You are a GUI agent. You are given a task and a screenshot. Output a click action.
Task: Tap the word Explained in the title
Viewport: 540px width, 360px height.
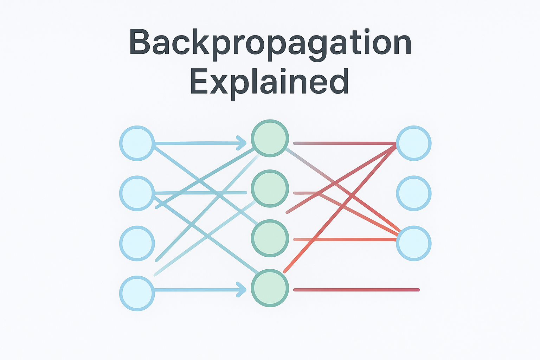coord(269,82)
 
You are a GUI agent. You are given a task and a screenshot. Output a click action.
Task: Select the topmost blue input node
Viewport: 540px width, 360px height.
coord(137,143)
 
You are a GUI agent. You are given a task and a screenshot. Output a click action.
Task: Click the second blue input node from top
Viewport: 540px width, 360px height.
coord(137,193)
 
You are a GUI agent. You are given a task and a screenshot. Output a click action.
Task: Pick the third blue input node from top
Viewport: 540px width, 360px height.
coord(137,243)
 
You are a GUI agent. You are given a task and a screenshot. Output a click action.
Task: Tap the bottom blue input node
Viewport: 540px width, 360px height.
coord(137,293)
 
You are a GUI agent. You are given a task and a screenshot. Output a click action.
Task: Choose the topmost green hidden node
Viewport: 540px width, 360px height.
coord(270,138)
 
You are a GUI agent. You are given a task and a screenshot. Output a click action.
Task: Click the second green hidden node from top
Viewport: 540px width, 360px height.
coord(270,188)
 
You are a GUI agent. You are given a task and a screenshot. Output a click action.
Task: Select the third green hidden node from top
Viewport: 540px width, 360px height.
coord(270,238)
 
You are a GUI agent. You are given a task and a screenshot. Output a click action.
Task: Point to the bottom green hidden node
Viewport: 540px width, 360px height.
coord(270,288)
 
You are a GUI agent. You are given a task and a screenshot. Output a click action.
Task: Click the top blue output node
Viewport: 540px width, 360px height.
coord(414,143)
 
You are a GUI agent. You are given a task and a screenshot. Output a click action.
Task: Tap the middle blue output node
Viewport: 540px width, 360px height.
coord(414,193)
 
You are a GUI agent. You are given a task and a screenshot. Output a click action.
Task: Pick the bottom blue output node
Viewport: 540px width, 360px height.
coord(414,243)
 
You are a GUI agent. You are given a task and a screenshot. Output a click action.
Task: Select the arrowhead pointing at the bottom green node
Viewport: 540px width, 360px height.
coord(242,290)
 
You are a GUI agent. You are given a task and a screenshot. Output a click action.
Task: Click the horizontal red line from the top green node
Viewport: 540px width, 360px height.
coord(345,143)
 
